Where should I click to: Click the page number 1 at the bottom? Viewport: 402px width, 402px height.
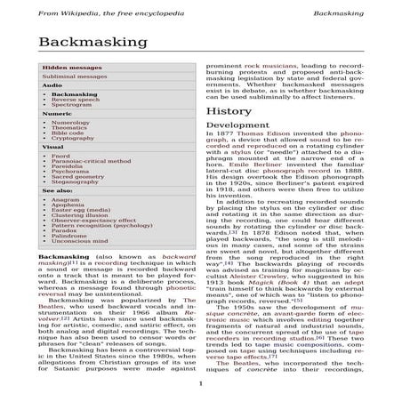[x=202, y=383]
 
